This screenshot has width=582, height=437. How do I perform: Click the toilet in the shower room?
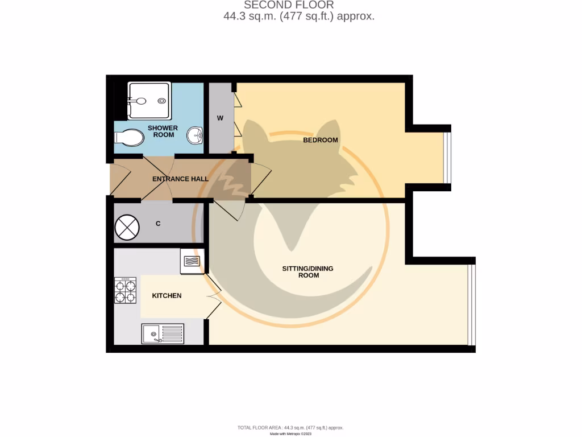click(129, 137)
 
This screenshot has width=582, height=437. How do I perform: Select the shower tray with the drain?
click(149, 101)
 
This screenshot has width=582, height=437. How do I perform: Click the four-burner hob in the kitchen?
click(126, 290)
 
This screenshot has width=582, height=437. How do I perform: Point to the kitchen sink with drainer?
click(163, 333)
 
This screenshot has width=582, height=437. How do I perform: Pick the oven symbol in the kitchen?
click(192, 261)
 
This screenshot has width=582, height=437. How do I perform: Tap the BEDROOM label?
click(320, 140)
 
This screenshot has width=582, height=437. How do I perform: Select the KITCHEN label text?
click(167, 295)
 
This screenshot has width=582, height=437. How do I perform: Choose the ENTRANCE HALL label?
click(180, 179)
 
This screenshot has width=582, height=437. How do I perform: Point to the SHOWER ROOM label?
click(163, 131)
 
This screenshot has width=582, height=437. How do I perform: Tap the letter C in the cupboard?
click(158, 224)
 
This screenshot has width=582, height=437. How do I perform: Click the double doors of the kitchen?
click(213, 296)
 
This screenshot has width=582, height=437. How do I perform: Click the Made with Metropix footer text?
click(290, 434)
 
